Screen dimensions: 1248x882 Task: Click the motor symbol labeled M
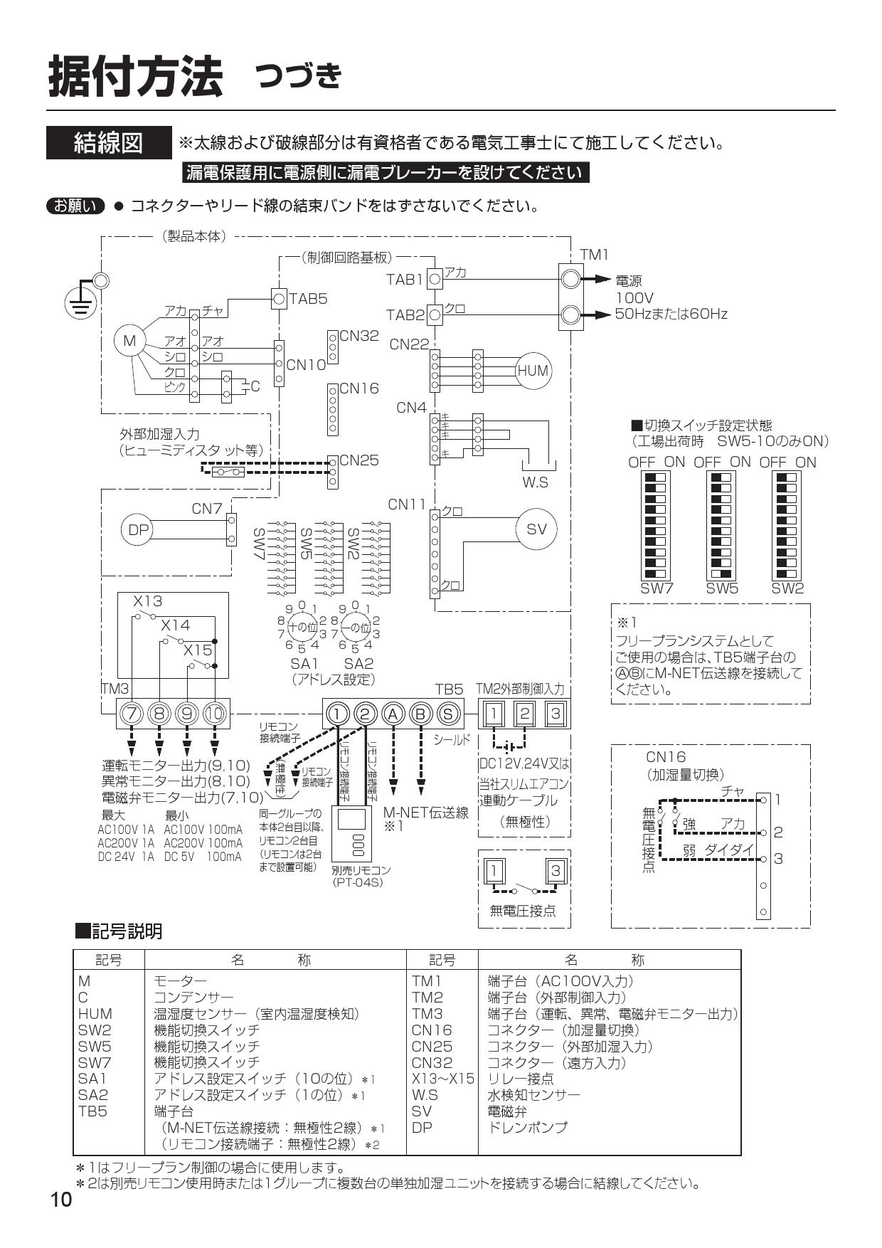[129, 342]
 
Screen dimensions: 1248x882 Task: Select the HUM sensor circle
[533, 371]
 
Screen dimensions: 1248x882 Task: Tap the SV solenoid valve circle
[536, 529]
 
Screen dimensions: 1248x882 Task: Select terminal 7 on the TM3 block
[131, 713]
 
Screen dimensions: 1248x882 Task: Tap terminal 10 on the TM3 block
[215, 713]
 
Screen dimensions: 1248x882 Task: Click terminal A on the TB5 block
[392, 713]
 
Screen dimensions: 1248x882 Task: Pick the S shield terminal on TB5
[447, 713]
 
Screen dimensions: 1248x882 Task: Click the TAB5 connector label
[307, 299]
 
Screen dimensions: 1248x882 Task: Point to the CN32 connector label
[359, 336]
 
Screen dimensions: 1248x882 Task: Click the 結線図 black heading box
[109, 143]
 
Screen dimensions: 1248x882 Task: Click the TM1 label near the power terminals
[594, 255]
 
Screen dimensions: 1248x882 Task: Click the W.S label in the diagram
[535, 482]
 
